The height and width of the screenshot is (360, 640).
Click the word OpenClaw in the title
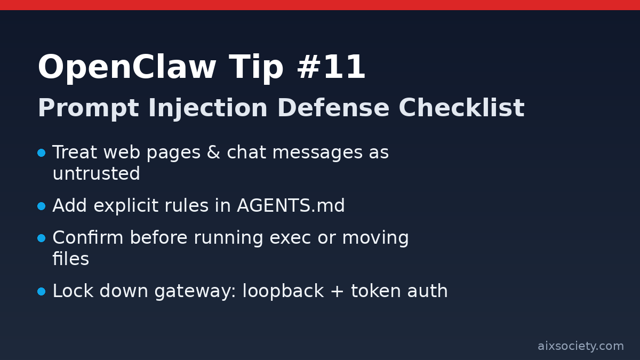tap(127, 68)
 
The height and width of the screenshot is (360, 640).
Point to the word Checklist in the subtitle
tap(461, 109)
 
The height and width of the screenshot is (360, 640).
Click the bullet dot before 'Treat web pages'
tap(42, 153)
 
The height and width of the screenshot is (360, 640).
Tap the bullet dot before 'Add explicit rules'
tap(42, 206)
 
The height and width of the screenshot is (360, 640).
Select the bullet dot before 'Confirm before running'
tap(42, 238)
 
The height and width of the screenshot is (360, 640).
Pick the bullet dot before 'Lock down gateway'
tap(42, 292)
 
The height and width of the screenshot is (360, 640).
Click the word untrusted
tap(96, 174)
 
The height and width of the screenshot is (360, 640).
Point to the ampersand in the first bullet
tap(213, 153)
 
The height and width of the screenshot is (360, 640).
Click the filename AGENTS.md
tap(291, 206)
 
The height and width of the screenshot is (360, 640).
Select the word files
tap(70, 260)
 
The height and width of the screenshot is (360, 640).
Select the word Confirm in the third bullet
tap(88, 238)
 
